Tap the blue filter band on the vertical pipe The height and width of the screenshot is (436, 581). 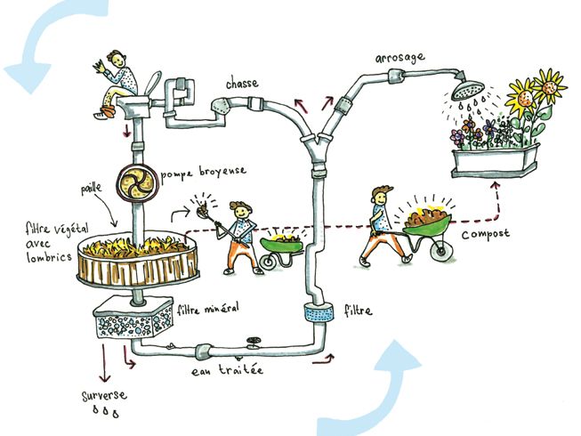point(318,313)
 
